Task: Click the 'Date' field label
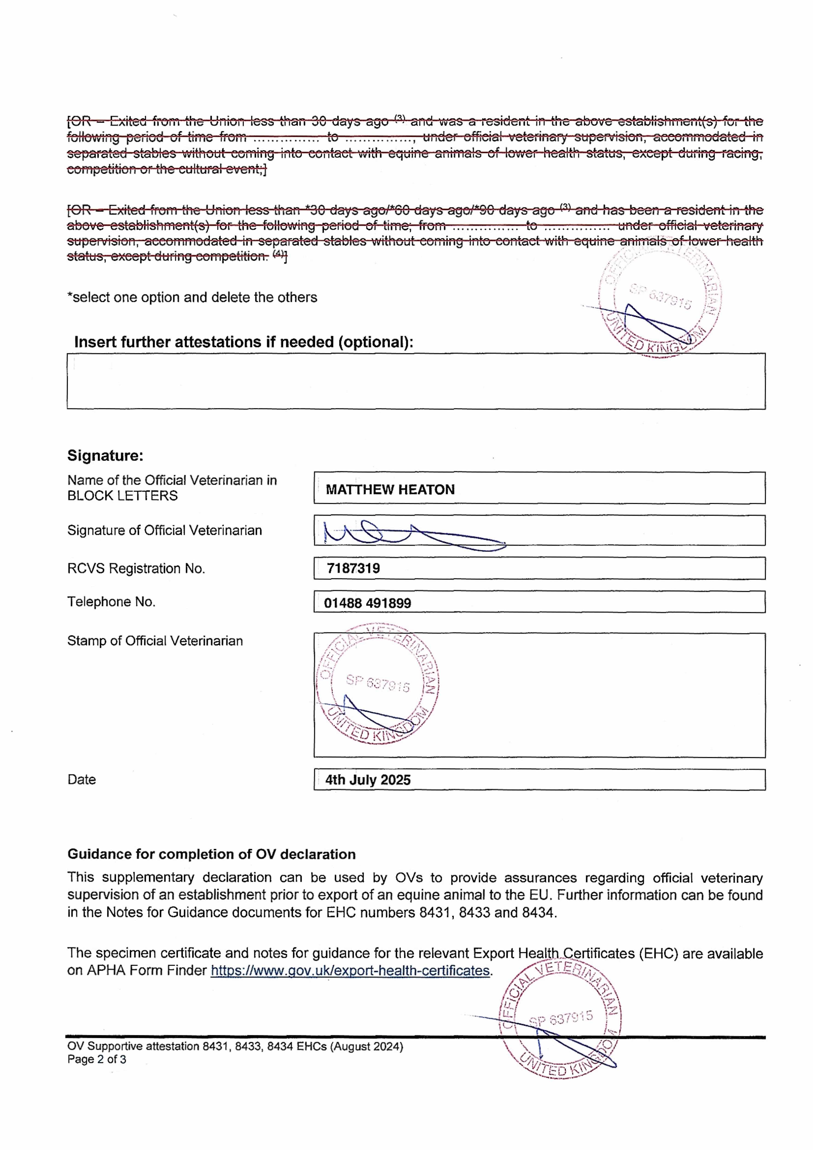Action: click(82, 779)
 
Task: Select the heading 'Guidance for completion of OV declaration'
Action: click(211, 854)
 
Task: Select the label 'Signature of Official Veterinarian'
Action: click(164, 530)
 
